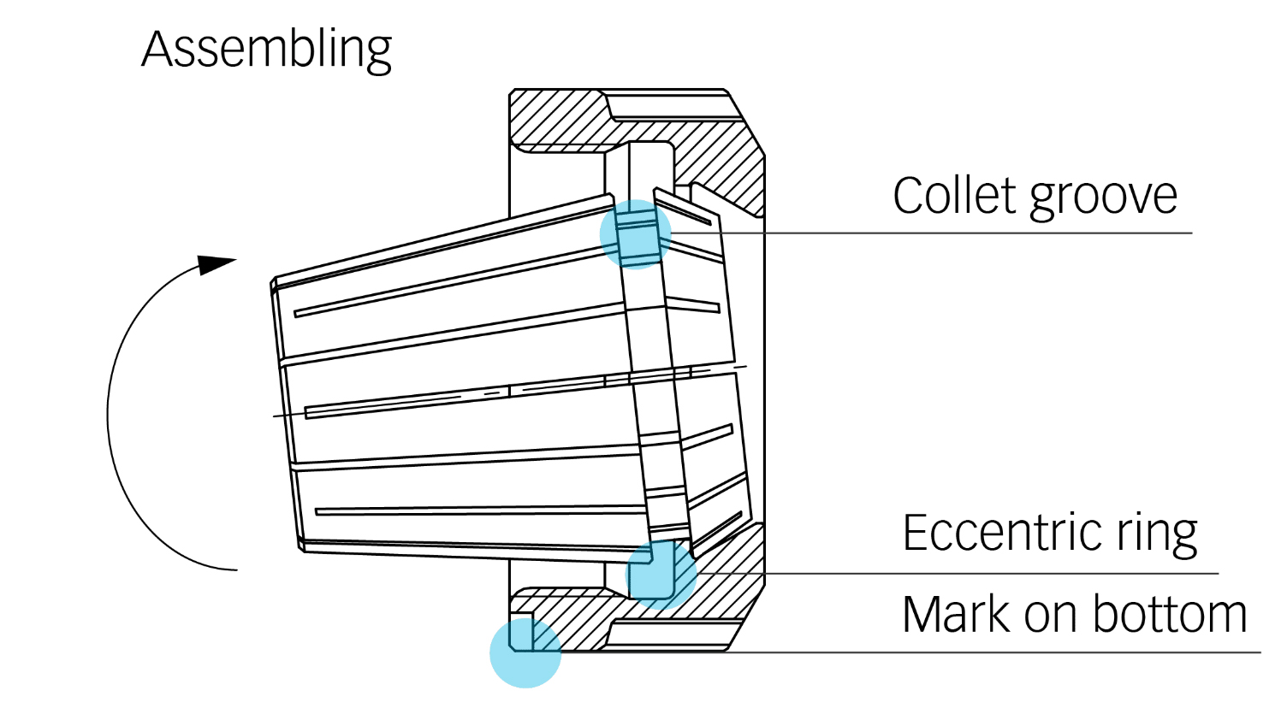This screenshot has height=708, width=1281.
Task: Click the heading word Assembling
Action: pyautogui.click(x=266, y=50)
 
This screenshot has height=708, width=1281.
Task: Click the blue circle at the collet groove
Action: pyautogui.click(x=636, y=234)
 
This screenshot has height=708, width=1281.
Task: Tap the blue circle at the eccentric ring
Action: pyautogui.click(x=661, y=574)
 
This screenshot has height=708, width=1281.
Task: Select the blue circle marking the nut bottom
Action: pyautogui.click(x=525, y=652)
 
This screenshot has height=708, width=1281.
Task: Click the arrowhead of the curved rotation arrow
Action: pyautogui.click(x=216, y=264)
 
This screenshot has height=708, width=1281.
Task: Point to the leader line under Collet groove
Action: pyautogui.click(x=941, y=233)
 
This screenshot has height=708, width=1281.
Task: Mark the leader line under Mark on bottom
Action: pyautogui.click(x=984, y=652)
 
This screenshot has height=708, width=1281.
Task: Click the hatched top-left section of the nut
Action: pyautogui.click(x=556, y=120)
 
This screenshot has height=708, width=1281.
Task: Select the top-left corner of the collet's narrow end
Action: pyautogui.click(x=274, y=282)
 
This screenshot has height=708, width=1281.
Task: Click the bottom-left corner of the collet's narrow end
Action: pyautogui.click(x=302, y=547)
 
